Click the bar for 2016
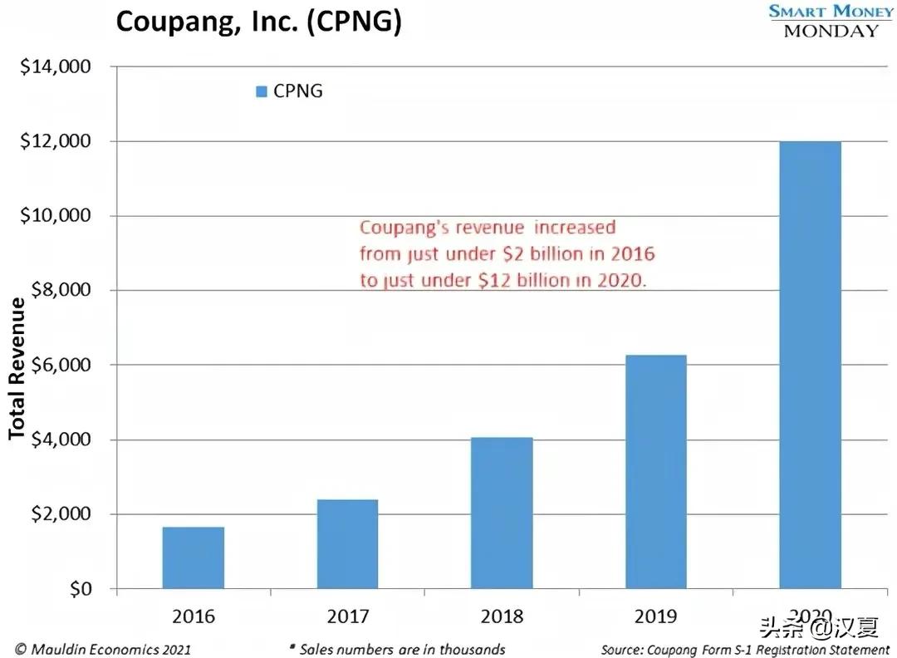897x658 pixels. pyautogui.click(x=194, y=557)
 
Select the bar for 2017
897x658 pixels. pyautogui.click(x=347, y=543)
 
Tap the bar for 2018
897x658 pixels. pyautogui.click(x=502, y=513)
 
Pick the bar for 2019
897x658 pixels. pyautogui.click(x=655, y=472)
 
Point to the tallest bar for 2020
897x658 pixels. pyautogui.click(x=810, y=365)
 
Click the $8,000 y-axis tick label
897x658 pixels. pyautogui.click(x=59, y=291)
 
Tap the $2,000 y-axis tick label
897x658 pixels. pyautogui.click(x=59, y=514)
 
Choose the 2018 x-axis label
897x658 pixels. pyautogui.click(x=502, y=616)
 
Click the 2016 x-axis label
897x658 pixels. pyautogui.click(x=194, y=616)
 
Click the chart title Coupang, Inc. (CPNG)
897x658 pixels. pyautogui.click(x=258, y=22)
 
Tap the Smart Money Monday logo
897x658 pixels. pyautogui.click(x=831, y=21)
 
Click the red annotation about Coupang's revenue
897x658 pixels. pyautogui.click(x=502, y=253)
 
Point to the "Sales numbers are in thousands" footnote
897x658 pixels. pyautogui.click(x=397, y=649)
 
